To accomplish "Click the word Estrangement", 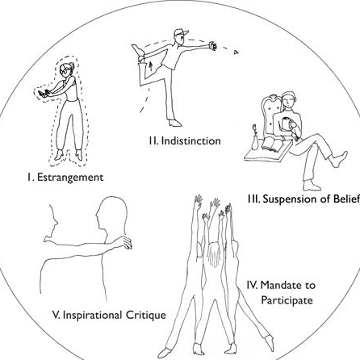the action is (70, 178).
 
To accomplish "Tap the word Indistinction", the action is (191, 141).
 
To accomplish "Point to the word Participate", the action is (287, 300).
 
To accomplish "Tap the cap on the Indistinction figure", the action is (181, 32).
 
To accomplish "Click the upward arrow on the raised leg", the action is (151, 65).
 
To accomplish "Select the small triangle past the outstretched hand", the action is (236, 52).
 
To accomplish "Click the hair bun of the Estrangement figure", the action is (72, 65).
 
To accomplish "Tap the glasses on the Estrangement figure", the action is (65, 72).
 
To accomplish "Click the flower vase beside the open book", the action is (254, 138).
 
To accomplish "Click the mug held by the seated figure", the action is (286, 124).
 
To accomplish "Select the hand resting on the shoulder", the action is (123, 242).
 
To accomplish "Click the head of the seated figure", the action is (288, 99).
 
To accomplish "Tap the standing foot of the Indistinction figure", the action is (174, 123).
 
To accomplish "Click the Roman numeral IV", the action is (252, 285).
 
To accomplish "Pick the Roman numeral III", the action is (253, 199).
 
